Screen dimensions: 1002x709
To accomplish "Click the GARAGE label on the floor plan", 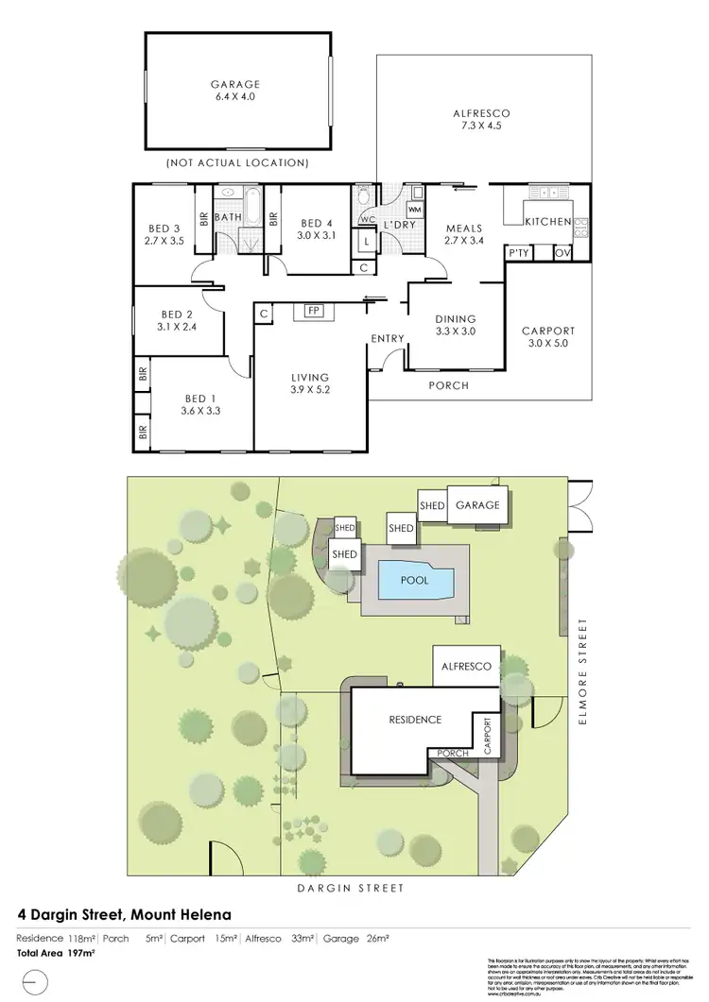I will [x=236, y=82].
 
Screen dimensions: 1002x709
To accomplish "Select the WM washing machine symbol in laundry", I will [x=414, y=209].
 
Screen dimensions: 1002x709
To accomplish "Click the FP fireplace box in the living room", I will [x=311, y=311].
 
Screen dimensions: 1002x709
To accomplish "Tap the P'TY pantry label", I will [x=518, y=253].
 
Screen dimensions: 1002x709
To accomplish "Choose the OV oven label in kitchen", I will [x=562, y=253].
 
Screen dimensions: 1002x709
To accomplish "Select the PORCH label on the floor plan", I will [x=448, y=385].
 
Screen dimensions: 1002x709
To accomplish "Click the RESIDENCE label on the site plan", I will [x=415, y=720].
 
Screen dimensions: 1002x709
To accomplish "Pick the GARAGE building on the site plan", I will [x=477, y=505].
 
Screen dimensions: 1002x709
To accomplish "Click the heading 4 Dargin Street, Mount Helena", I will [x=125, y=914].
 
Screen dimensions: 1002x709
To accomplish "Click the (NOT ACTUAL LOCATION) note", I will [x=237, y=163].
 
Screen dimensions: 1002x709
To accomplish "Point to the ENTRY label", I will [x=388, y=339].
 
